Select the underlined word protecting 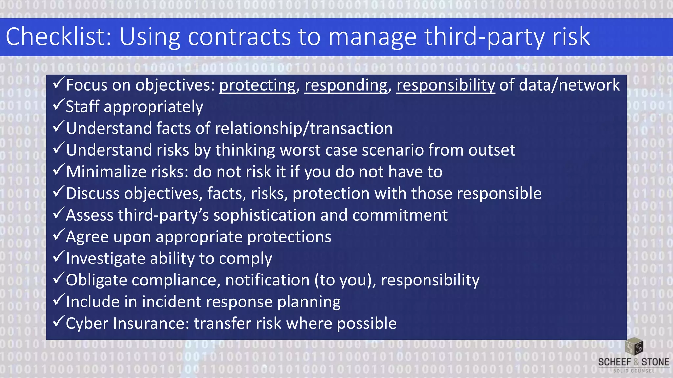(257, 85)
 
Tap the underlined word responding (346, 85)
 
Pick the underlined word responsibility (446, 85)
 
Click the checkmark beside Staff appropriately (58, 105)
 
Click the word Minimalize (106, 172)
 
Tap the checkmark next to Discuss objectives (58, 191)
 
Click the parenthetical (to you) (345, 280)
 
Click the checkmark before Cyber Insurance (58, 321)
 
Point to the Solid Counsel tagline (634, 371)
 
